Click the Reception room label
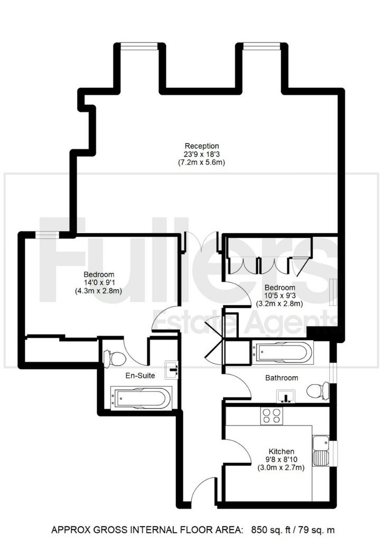pyautogui.click(x=202, y=146)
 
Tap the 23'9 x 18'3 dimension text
pyautogui.click(x=202, y=154)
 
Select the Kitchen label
pyautogui.click(x=281, y=451)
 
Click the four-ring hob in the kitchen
pyautogui.click(x=271, y=416)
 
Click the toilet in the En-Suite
pyautogui.click(x=115, y=359)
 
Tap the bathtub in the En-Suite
pyautogui.click(x=141, y=398)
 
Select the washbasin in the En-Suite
pyautogui.click(x=172, y=369)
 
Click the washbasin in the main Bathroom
pyautogui.click(x=286, y=396)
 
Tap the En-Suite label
pyautogui.click(x=140, y=376)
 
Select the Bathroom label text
pyautogui.click(x=282, y=378)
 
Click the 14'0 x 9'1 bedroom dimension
pyautogui.click(x=99, y=283)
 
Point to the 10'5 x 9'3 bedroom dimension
pyautogui.click(x=280, y=296)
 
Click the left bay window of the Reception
pyautogui.click(x=139, y=46)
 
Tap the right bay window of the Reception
pyautogui.click(x=261, y=46)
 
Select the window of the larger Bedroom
pyautogui.click(x=47, y=235)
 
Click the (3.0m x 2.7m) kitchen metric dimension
pyautogui.click(x=281, y=468)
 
